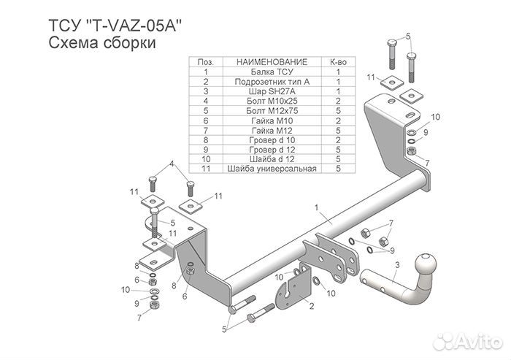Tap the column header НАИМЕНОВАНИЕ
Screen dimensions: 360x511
272,63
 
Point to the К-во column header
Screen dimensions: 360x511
337,63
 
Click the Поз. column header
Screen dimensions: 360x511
206,63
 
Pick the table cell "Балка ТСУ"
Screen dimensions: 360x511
272,72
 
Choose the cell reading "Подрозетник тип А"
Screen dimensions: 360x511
272,82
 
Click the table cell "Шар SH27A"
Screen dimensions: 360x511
272,91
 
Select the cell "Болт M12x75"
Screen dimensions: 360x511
272,111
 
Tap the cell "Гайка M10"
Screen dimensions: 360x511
272,120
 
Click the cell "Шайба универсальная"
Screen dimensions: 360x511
272,169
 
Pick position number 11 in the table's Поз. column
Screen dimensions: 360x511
206,169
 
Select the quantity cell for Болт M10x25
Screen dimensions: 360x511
337,101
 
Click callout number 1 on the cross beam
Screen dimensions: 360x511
317,209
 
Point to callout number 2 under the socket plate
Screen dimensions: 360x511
311,307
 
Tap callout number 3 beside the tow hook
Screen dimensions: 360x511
396,264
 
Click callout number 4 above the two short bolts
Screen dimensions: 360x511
172,164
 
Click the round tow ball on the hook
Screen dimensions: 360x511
425,263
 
